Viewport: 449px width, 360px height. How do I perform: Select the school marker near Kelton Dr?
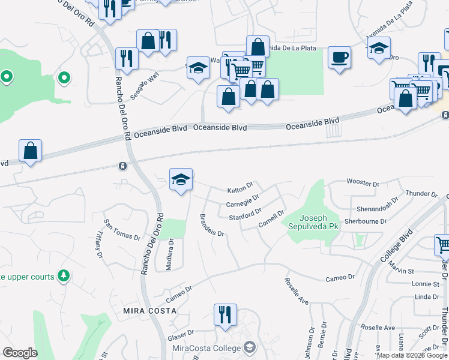(x=181, y=179)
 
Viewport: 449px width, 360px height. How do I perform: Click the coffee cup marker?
(x=339, y=58)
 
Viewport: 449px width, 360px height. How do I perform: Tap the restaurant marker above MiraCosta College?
(x=225, y=315)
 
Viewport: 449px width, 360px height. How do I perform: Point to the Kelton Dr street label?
(x=241, y=190)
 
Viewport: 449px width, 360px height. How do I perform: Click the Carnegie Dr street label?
(x=243, y=200)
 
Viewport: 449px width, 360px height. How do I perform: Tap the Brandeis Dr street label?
(x=211, y=225)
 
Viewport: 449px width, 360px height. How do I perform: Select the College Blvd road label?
(x=397, y=245)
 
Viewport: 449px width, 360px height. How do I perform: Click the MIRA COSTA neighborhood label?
(x=149, y=311)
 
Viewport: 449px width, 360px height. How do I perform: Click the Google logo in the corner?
(x=20, y=353)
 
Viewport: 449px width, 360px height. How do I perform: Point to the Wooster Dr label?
(x=363, y=182)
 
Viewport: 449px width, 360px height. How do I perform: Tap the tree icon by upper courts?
(x=64, y=276)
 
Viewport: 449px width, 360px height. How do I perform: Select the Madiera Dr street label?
(x=170, y=255)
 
